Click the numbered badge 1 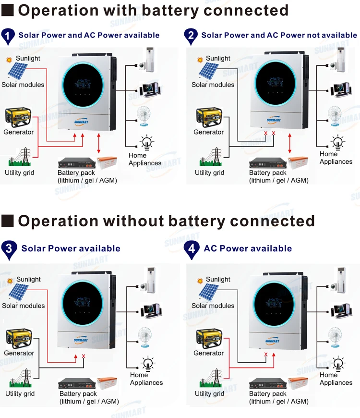click(x=8, y=36)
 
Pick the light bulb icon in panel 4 click(x=339, y=363)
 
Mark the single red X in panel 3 click(x=84, y=356)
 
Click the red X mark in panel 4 click(x=265, y=355)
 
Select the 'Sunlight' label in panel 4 click(x=218, y=279)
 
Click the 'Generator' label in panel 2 click(x=208, y=132)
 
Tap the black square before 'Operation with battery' click(x=8, y=10)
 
